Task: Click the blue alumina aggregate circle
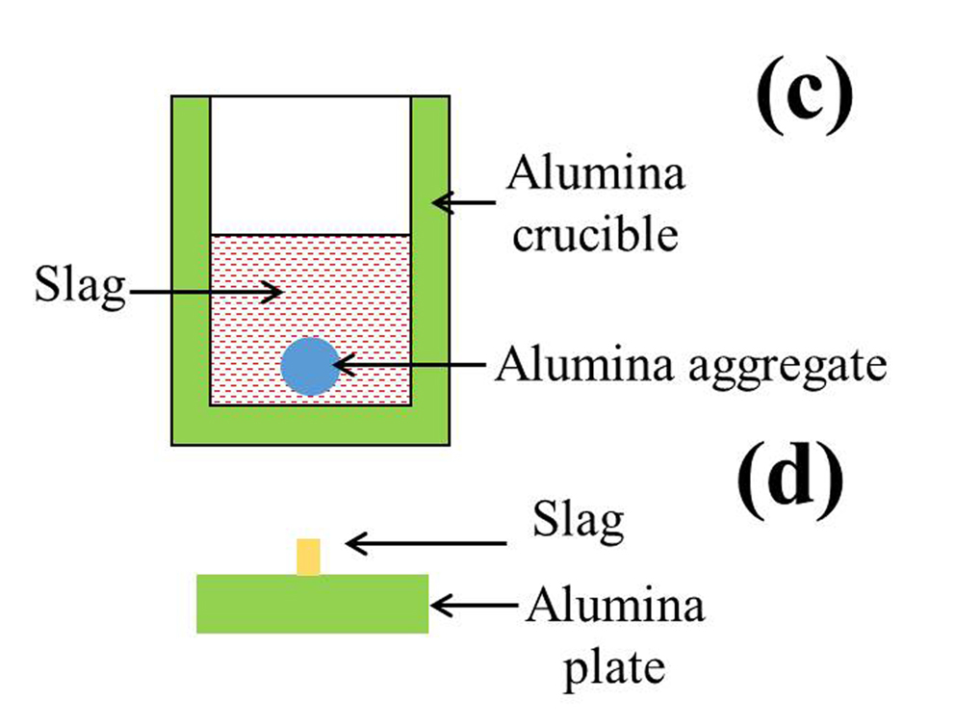310,366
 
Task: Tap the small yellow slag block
308,558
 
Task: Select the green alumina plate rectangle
313,604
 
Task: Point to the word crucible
594,234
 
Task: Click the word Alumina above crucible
595,175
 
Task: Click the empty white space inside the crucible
310,164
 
